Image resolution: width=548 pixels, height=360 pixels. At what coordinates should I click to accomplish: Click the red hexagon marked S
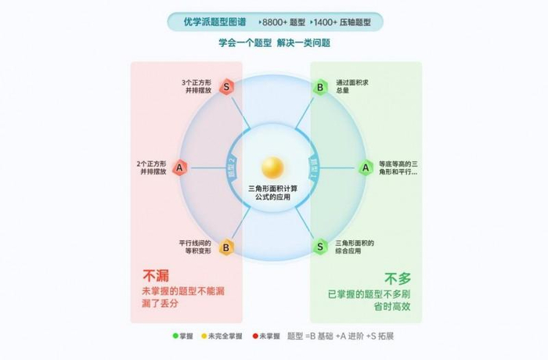point(226,87)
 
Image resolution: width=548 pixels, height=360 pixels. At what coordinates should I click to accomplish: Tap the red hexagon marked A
point(179,167)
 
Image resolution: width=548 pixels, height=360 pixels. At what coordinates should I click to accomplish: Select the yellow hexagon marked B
point(225,247)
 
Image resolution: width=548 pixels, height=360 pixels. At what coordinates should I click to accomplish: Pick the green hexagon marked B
point(319,87)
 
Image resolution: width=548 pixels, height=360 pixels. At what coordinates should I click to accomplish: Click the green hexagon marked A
point(366,167)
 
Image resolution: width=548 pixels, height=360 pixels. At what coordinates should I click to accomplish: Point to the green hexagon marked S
point(320,247)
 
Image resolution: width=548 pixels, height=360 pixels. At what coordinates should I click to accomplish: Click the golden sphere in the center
point(273,167)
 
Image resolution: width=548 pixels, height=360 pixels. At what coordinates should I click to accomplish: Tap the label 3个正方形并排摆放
point(196,86)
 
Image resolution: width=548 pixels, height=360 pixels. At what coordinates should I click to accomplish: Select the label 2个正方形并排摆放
point(151,167)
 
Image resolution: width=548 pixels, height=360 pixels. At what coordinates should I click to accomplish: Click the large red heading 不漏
point(155,275)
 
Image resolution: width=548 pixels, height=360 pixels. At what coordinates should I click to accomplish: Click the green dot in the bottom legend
point(175,336)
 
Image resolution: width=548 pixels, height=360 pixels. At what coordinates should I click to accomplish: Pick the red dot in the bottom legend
point(255,336)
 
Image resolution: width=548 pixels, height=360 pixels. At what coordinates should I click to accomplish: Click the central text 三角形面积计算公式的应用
point(272,193)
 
